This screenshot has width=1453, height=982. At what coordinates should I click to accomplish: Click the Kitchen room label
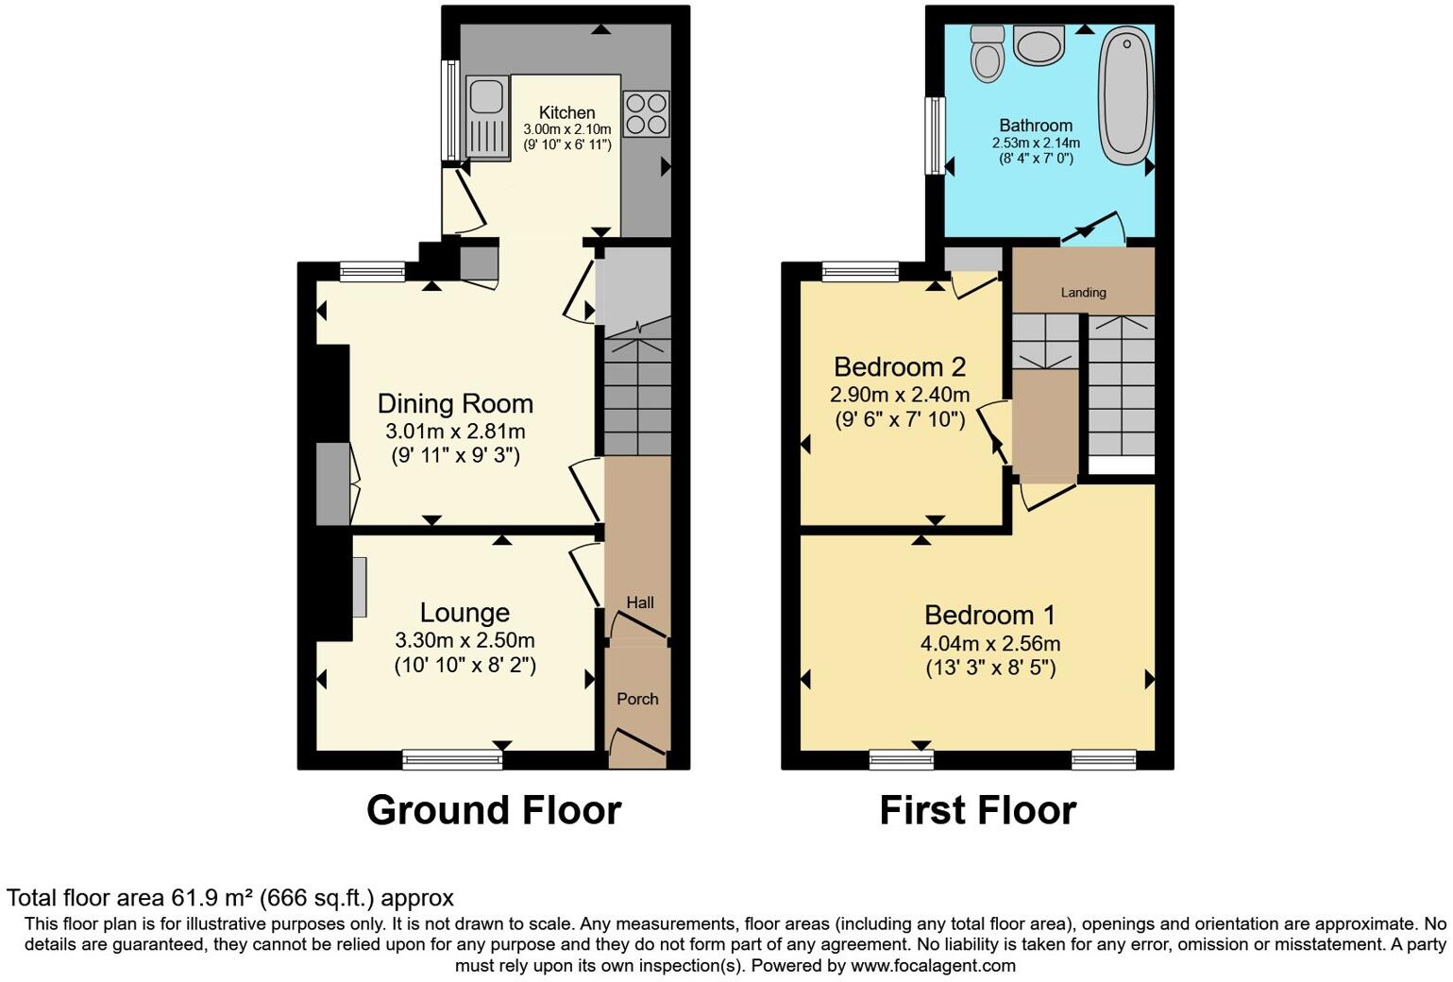coord(566,112)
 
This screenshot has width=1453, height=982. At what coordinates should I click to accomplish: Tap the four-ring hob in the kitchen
coord(646,113)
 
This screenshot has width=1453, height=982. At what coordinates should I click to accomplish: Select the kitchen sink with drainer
coord(486,118)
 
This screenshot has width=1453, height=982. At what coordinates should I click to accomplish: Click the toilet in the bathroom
coord(988,54)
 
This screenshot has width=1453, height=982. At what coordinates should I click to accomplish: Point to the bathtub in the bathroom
coord(1126,95)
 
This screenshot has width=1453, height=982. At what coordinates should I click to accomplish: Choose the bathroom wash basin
coord(1039,45)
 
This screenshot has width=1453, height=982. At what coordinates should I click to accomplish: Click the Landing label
coord(1083,293)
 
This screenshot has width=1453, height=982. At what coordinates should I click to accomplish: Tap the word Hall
coord(639,602)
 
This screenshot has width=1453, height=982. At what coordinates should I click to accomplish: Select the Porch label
coord(637,699)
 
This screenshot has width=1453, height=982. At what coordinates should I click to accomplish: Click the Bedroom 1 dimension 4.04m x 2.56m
coord(990,643)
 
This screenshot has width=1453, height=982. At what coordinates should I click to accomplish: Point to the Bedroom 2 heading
coord(900,367)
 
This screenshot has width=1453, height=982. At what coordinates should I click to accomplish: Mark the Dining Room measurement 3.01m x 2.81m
coord(455,431)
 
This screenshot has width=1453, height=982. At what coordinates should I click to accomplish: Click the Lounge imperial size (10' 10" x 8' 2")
coord(465,666)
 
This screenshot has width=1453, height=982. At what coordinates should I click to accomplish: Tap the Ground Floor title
coord(495,810)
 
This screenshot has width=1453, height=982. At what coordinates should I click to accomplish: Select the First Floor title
coord(978,810)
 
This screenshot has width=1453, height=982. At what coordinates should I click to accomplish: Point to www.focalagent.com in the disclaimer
coord(933,966)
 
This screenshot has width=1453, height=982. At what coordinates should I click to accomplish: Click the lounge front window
coord(452,759)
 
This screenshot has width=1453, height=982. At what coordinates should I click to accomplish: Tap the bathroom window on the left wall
coord(935,136)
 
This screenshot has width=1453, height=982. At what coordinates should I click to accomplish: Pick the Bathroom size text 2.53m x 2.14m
coord(1036,143)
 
